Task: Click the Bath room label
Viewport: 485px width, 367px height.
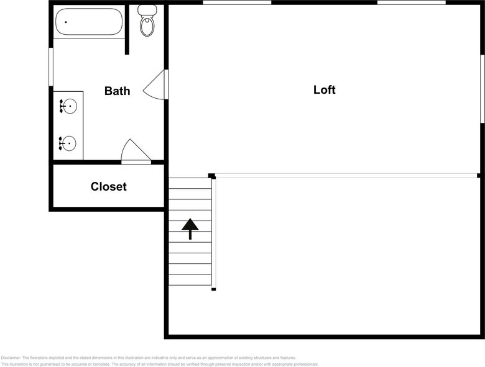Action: [x=117, y=91]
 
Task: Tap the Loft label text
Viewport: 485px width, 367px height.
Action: [x=324, y=90]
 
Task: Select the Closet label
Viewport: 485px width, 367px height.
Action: [x=108, y=186]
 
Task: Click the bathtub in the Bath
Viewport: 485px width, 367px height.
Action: [x=89, y=22]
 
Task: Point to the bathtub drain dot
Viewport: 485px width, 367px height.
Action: [x=65, y=22]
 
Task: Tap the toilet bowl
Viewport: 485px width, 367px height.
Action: [x=147, y=26]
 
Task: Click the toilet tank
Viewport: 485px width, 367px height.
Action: [x=147, y=10]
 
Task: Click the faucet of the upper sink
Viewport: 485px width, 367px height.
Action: [x=62, y=107]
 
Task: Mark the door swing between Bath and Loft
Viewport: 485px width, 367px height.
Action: [x=156, y=85]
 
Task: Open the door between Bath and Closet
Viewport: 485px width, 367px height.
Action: [x=134, y=152]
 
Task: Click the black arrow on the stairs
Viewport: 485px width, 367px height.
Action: [x=190, y=229]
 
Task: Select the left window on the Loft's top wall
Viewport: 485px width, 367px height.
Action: [x=237, y=2]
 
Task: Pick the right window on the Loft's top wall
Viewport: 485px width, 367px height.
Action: [x=411, y=2]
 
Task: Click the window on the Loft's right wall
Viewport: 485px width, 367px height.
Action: [x=482, y=89]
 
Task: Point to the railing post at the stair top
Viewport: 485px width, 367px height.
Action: [x=211, y=176]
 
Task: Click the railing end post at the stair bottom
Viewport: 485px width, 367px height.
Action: [x=213, y=289]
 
